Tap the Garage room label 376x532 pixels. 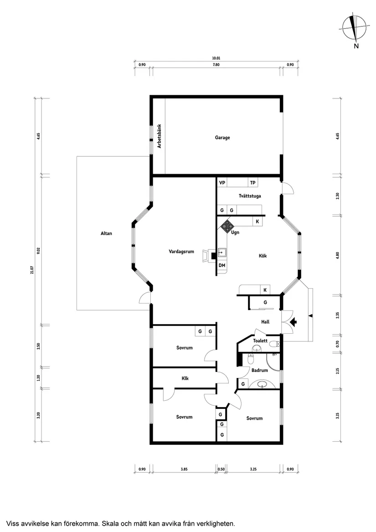pyautogui.click(x=222, y=137)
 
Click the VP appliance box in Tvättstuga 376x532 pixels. pyautogui.click(x=222, y=183)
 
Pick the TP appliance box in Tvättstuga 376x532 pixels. pyautogui.click(x=253, y=183)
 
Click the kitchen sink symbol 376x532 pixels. pyautogui.click(x=222, y=252)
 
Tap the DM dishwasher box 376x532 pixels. pyautogui.click(x=222, y=265)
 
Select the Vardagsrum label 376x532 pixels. pyautogui.click(x=181, y=251)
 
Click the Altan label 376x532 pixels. pyautogui.click(x=106, y=233)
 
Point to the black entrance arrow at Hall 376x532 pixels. pyautogui.click(x=294, y=322)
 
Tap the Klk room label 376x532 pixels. pyautogui.click(x=185, y=378)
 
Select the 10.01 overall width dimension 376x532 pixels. pyautogui.click(x=216, y=58)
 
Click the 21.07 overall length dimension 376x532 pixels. pyautogui.click(x=32, y=270)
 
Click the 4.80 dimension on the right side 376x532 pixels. pyautogui.click(x=337, y=256)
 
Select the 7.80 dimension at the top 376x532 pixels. pyautogui.click(x=216, y=65)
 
